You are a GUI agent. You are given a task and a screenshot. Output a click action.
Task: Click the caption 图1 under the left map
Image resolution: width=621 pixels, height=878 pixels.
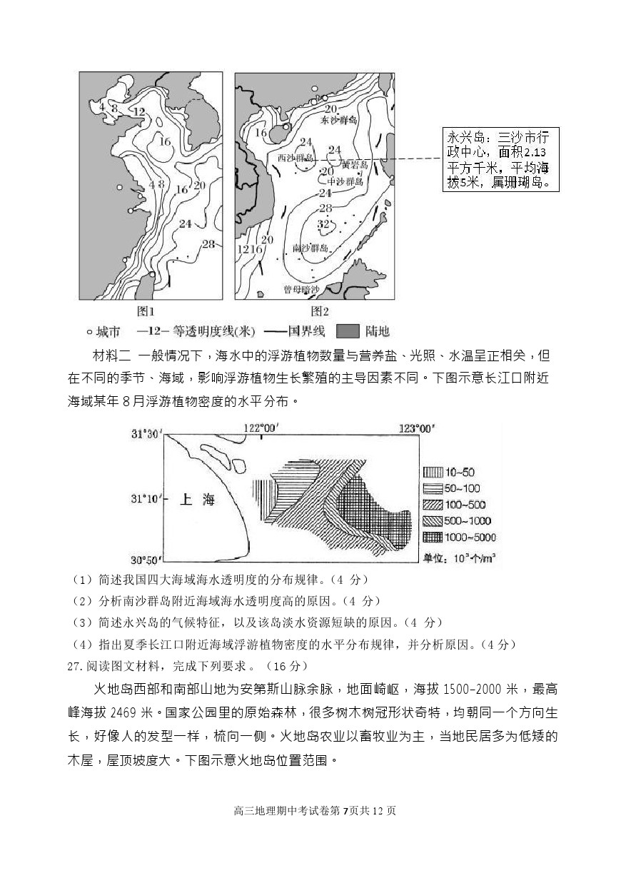pos(146,311)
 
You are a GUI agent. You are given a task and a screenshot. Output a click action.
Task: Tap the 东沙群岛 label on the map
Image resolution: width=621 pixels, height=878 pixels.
pos(338,121)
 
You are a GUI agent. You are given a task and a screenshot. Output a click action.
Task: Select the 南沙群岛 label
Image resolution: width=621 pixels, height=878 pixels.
pos(311,248)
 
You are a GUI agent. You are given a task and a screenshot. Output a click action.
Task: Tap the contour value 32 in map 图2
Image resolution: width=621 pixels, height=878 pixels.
pos(323,224)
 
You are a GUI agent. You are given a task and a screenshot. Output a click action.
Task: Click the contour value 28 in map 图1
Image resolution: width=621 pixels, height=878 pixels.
pos(208,244)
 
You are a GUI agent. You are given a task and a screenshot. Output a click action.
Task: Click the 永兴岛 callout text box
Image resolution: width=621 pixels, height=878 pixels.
pos(499,159)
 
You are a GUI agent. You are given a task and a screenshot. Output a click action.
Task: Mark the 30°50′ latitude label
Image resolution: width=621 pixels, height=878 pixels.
pos(146,559)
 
